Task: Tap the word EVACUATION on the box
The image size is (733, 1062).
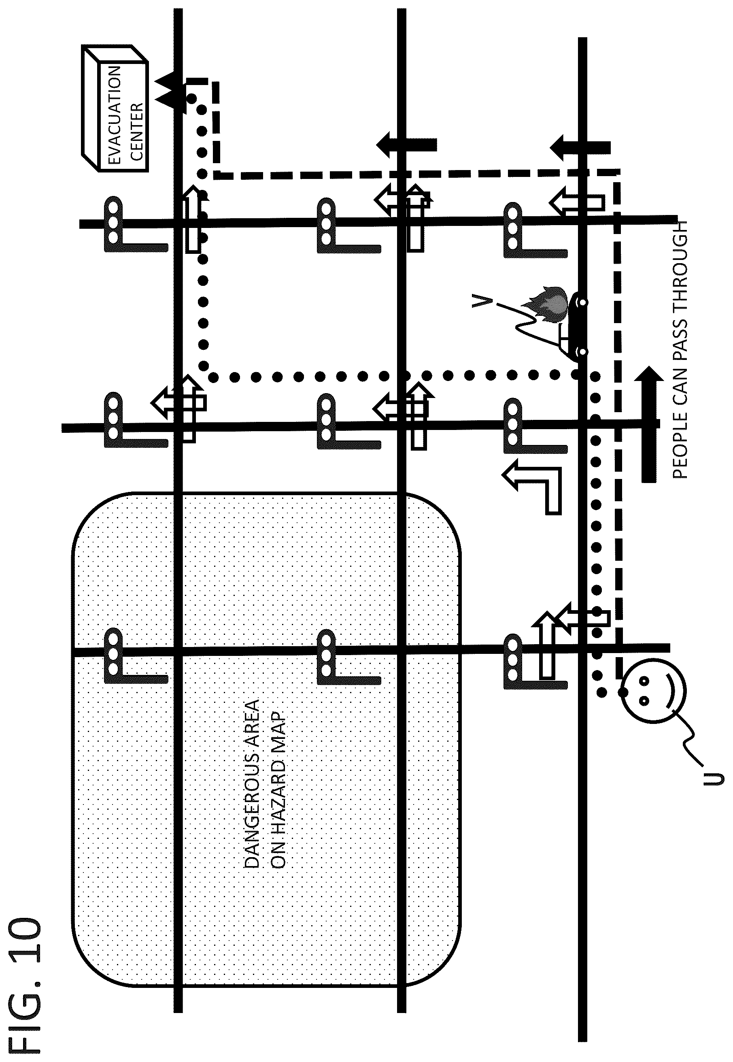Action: tap(113, 115)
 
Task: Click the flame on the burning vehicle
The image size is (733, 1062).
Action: tap(546, 304)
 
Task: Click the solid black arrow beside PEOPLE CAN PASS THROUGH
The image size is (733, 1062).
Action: tap(648, 425)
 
